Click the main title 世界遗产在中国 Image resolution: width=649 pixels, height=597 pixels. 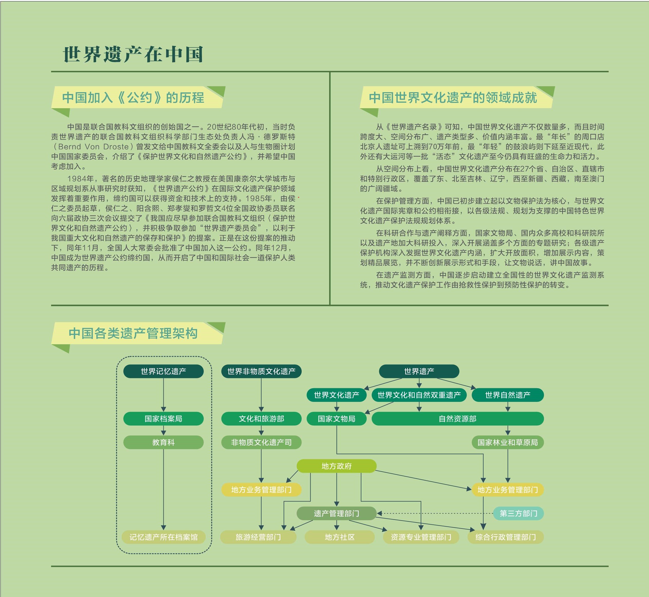(x=133, y=54)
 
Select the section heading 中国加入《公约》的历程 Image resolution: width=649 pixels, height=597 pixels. (x=133, y=98)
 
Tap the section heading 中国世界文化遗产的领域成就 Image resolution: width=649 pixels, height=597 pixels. (x=453, y=98)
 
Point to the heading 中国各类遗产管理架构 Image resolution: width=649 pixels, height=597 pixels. (x=133, y=333)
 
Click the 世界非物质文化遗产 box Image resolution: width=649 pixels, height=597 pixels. (x=261, y=371)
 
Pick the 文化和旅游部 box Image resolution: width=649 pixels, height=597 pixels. (x=261, y=419)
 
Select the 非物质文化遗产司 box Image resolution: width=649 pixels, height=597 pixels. (x=261, y=442)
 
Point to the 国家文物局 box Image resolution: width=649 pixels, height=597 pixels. (x=337, y=419)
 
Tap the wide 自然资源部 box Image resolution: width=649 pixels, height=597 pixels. (x=458, y=419)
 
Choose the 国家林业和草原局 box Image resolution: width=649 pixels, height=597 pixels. (x=508, y=442)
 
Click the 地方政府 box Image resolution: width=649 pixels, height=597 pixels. (x=337, y=466)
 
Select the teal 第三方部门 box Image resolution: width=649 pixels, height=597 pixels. (x=518, y=513)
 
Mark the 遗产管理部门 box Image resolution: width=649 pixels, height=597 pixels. (x=337, y=513)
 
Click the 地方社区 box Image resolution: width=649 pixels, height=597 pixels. (x=340, y=537)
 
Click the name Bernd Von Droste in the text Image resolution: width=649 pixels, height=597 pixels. (x=94, y=147)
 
